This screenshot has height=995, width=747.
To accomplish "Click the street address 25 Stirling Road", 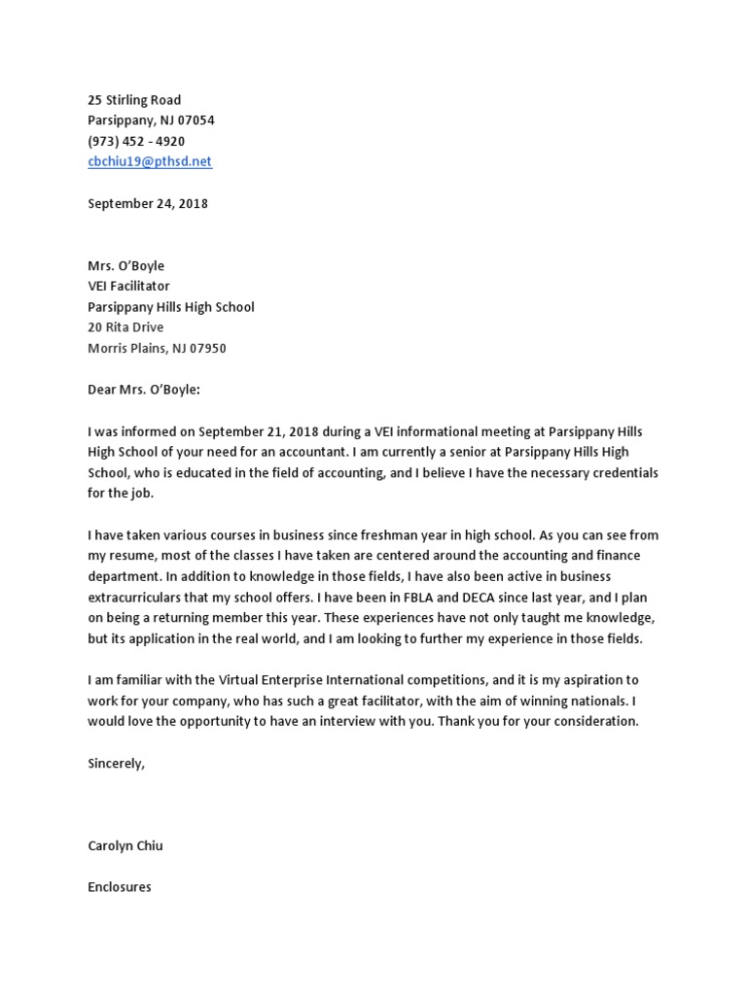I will coord(134,100).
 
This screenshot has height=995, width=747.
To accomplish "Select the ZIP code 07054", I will coord(195,120).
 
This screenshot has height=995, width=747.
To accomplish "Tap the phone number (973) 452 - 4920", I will coord(136,141).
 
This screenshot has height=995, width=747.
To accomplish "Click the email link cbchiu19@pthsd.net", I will coord(149,161).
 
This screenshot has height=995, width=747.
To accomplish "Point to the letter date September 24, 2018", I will coord(148,204).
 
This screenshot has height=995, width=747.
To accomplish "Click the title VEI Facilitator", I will coord(128,286).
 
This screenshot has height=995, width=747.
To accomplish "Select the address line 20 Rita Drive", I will coord(125,327).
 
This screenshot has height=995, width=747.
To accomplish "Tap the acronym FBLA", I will coord(451,598).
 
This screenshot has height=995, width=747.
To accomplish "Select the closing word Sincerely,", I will coord(116,763).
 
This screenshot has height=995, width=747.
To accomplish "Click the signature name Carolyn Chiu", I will coord(125,845).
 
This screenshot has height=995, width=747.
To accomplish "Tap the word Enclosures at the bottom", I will coord(120,887).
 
